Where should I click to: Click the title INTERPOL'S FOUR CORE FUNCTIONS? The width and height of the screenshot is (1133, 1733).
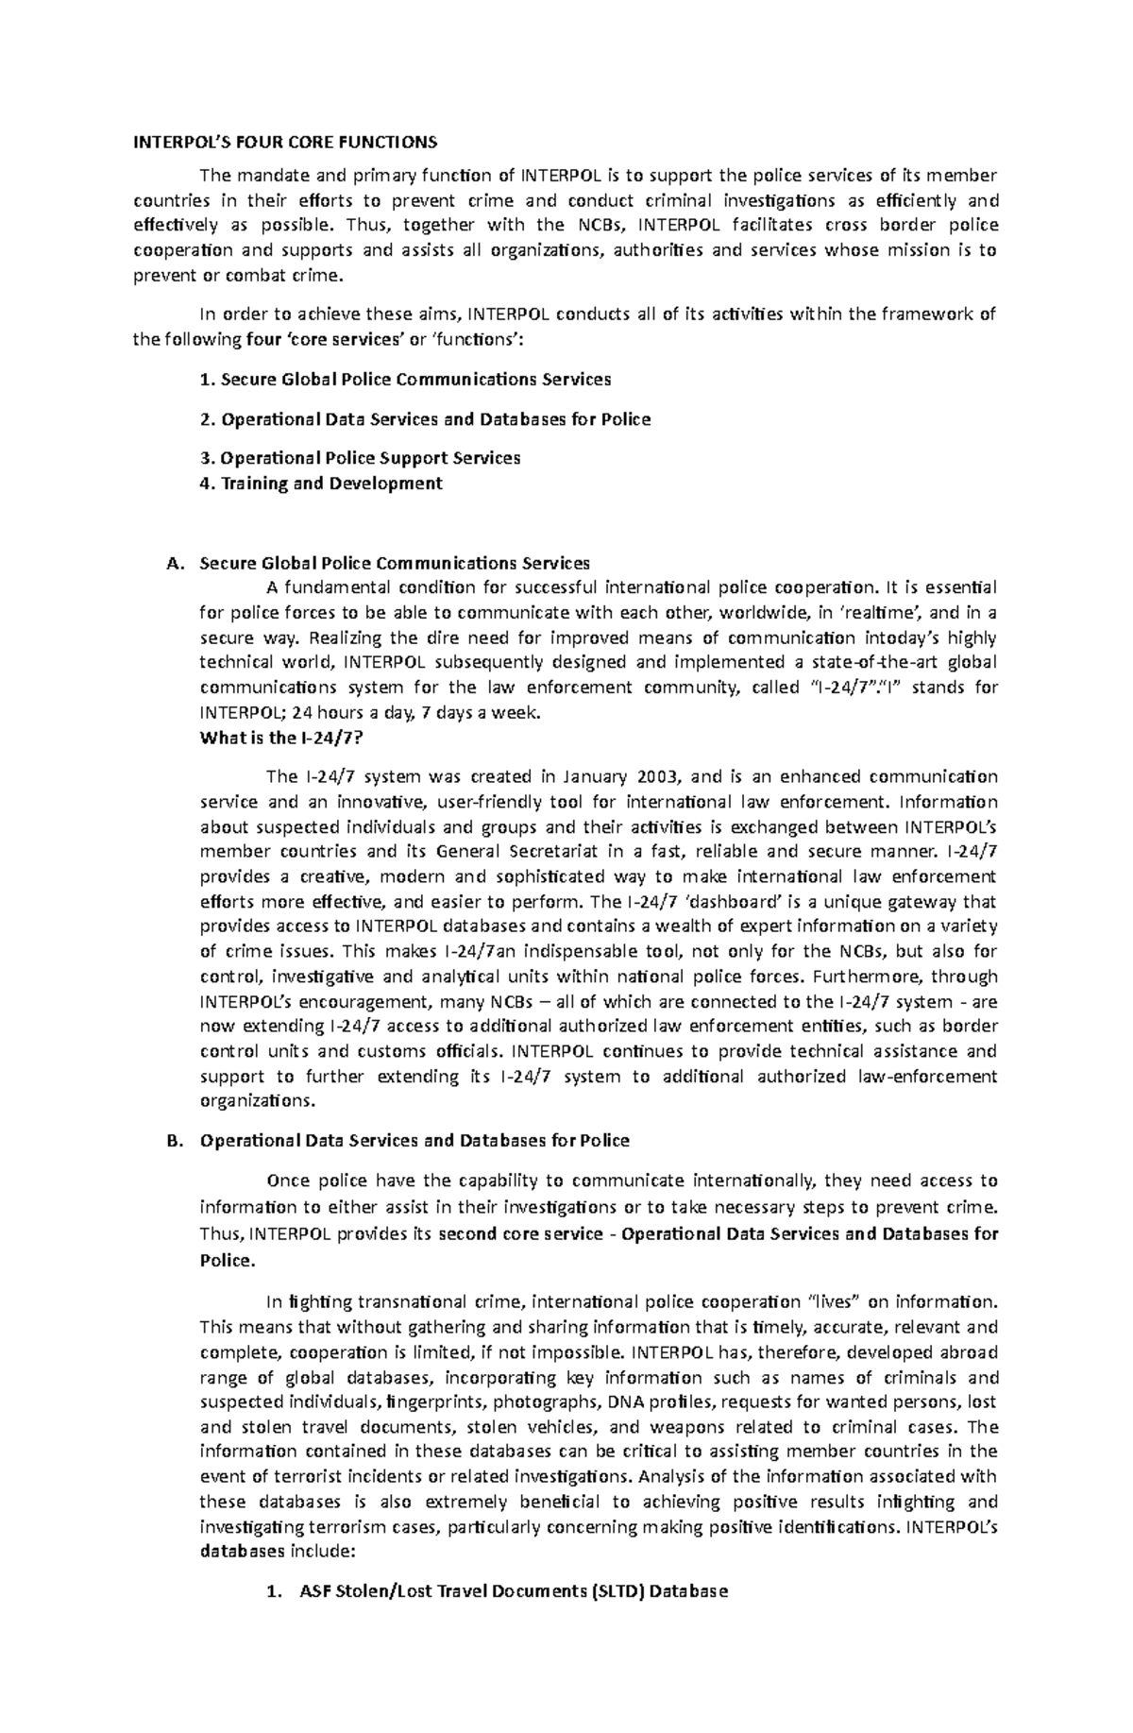tap(284, 143)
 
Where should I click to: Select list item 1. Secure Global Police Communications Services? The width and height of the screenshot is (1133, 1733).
tap(406, 380)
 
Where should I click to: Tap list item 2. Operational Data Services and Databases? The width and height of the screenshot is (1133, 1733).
tap(426, 418)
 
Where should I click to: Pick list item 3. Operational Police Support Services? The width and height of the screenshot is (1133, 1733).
tap(361, 458)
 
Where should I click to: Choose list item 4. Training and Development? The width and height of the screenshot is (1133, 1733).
tap(321, 484)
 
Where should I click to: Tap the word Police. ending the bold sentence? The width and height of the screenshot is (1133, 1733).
tap(228, 1261)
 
